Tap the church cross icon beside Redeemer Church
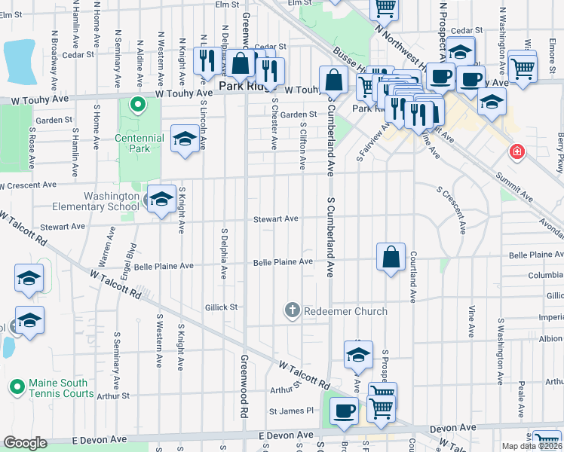click(292, 310)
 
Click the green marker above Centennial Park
click(137, 105)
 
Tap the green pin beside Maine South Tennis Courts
click(16, 388)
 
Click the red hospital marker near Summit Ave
click(517, 151)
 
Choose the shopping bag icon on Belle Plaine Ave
click(391, 258)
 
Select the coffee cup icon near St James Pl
click(345, 412)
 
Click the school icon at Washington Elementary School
click(161, 200)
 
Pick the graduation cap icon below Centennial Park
click(184, 139)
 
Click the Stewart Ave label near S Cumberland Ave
click(275, 219)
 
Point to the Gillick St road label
click(221, 307)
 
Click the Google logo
click(25, 443)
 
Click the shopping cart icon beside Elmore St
click(523, 68)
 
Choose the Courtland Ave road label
click(413, 278)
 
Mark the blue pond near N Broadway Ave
click(21, 61)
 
